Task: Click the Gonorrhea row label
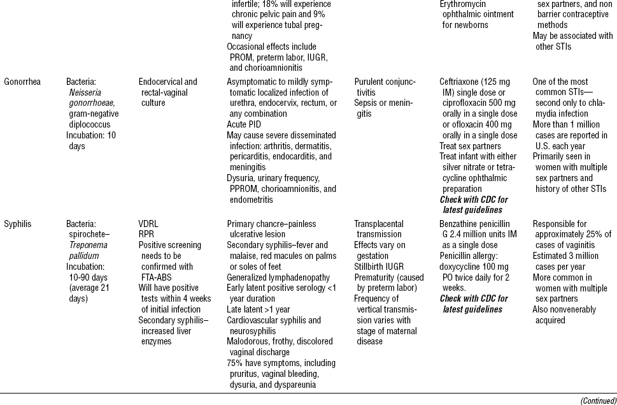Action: pyautogui.click(x=22, y=82)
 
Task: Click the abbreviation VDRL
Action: pyautogui.click(x=149, y=224)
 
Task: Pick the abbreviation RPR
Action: pyautogui.click(x=146, y=234)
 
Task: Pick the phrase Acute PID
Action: pyautogui.click(x=246, y=124)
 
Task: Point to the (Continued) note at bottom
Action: pyautogui.click(x=598, y=400)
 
